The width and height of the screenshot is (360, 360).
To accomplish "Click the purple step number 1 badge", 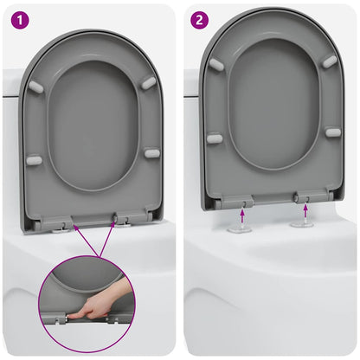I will click(x=16, y=17).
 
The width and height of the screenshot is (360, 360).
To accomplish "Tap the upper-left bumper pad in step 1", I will click(x=36, y=87).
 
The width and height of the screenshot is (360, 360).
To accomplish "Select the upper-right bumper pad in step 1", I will click(x=149, y=82).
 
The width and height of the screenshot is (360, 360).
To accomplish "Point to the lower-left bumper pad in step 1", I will click(x=33, y=160).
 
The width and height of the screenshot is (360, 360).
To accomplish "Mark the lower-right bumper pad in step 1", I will click(x=151, y=153).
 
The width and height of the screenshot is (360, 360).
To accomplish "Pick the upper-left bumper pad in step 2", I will click(x=215, y=64).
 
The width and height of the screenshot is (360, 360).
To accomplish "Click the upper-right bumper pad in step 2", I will click(x=330, y=61).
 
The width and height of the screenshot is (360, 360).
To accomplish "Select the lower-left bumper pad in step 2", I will click(x=214, y=138).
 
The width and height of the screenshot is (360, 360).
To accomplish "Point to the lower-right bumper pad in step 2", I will click(x=332, y=132).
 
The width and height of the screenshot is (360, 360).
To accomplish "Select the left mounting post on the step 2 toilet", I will click(x=241, y=228).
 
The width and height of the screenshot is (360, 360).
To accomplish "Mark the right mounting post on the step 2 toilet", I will click(x=303, y=222).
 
